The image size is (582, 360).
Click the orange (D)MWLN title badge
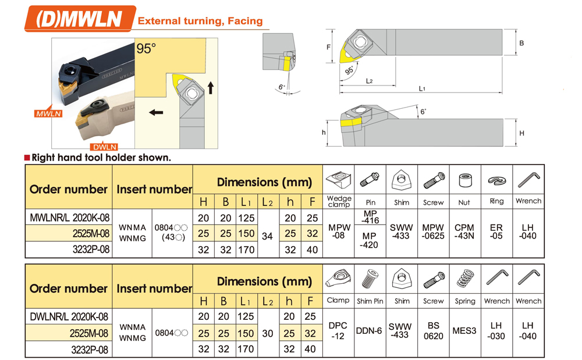coord(79,19)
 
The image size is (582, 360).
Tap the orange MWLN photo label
coord(49,113)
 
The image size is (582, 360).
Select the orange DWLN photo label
coord(105,147)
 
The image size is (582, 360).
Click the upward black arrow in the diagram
coord(211,88)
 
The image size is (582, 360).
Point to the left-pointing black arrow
coord(156,112)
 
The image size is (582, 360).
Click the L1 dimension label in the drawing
coord(422,88)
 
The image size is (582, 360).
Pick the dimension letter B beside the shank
coord(521,43)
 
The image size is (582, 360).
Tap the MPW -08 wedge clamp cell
coord(339,231)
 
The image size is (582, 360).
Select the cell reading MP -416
coord(370,217)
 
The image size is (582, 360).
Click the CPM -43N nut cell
coord(464,231)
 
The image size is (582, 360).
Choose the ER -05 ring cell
coord(496,231)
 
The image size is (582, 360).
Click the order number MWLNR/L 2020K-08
coord(70,218)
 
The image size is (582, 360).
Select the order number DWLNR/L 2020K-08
coord(69,316)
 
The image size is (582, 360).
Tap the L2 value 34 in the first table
coord(267,236)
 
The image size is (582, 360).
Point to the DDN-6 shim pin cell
coord(369,331)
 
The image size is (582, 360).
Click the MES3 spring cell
coord(464,331)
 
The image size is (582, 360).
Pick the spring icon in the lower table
coord(466,278)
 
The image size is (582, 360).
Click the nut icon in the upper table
coord(465,180)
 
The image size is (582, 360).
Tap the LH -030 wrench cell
coord(496,331)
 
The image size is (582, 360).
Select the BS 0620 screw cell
coord(433,331)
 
